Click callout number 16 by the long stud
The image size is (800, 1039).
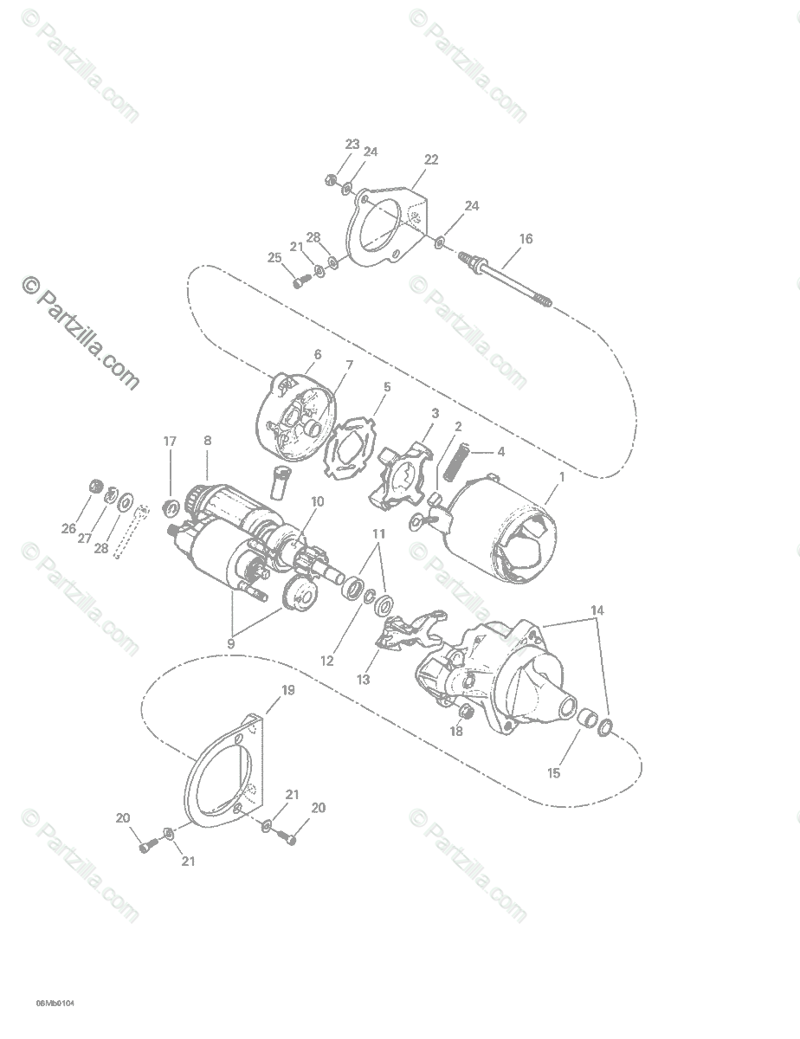point(526,239)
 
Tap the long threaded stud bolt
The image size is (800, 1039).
point(506,280)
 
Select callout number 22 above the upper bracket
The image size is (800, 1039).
point(430,159)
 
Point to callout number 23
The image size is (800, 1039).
point(352,144)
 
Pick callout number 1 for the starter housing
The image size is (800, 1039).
point(562,477)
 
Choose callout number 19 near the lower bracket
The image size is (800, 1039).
point(288,690)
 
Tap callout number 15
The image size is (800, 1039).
point(553,773)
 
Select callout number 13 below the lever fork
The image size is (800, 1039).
point(363,680)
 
